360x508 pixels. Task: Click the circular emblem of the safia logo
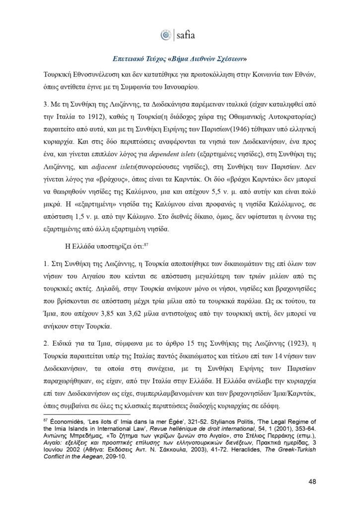click(x=165, y=35)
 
